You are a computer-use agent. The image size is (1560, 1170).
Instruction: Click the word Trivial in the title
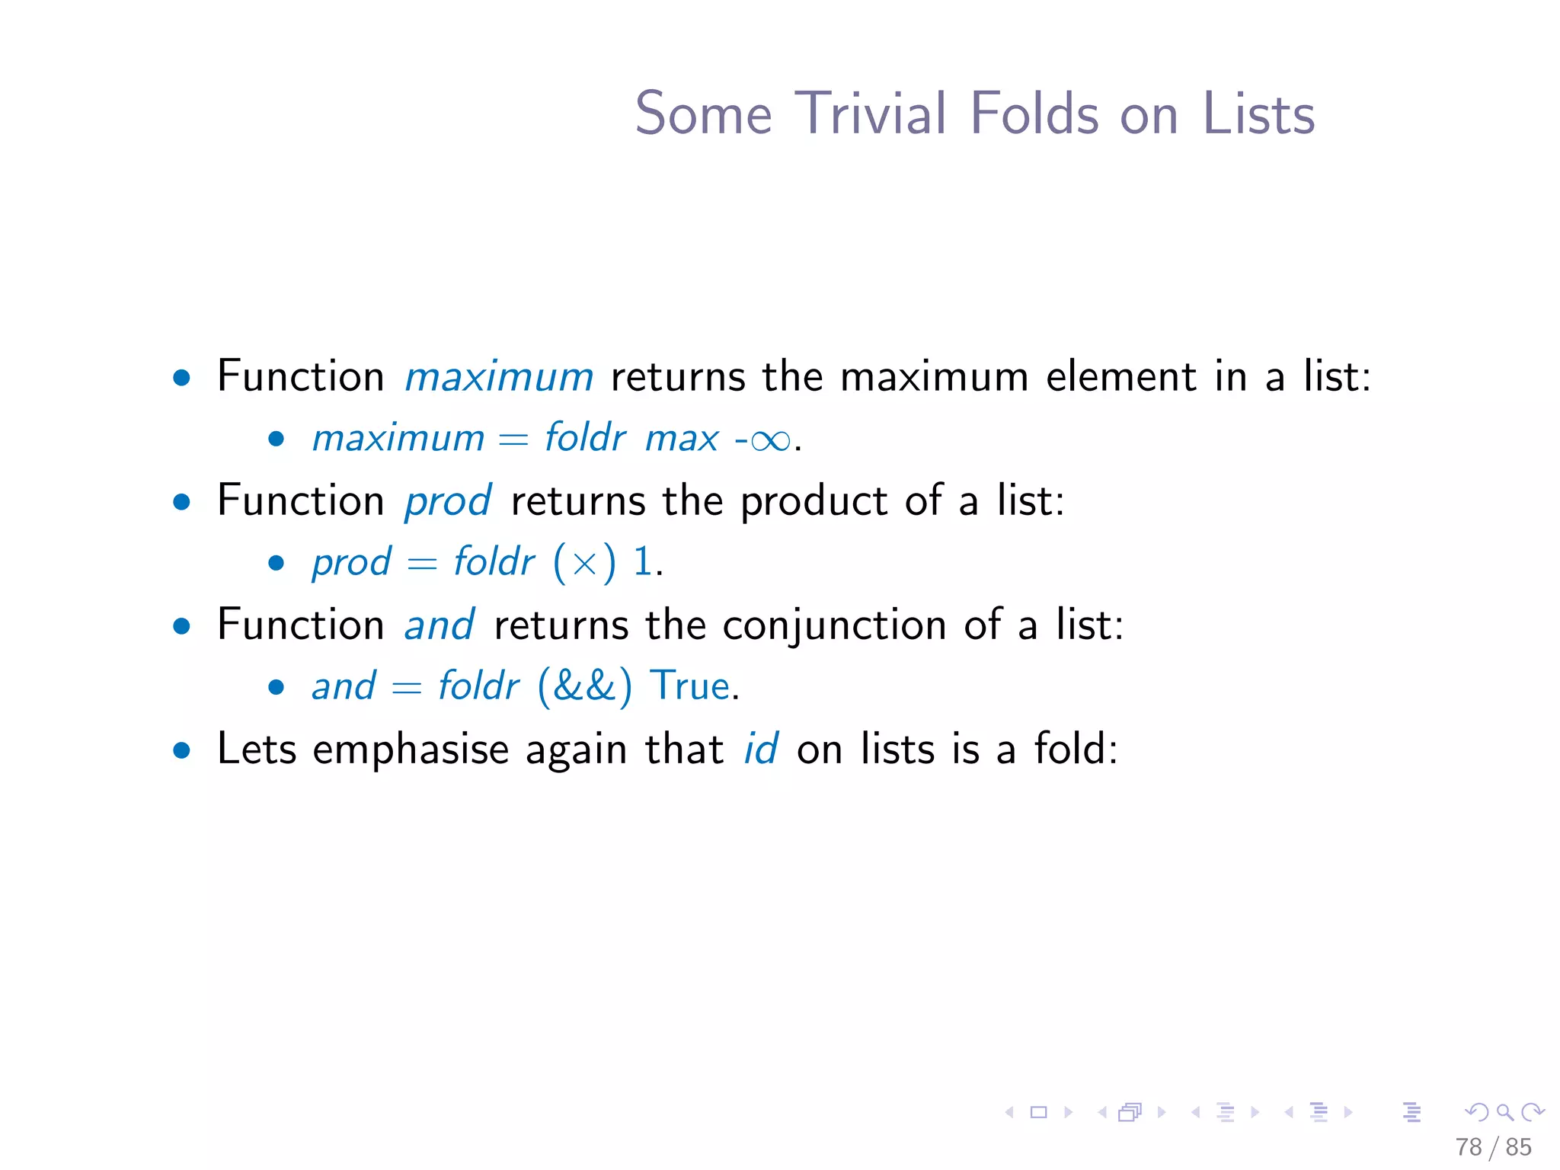[x=871, y=113]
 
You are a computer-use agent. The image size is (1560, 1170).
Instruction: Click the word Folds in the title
[x=1034, y=113]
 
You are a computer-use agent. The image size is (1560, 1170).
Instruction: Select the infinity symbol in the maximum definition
[x=770, y=440]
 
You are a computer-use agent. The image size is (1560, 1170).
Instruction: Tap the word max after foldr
[x=681, y=439]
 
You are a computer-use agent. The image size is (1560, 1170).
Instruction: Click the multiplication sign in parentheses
[x=584, y=564]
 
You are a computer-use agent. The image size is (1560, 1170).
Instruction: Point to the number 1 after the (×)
[x=643, y=561]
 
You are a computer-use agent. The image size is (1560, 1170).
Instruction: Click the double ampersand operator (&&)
[x=584, y=686]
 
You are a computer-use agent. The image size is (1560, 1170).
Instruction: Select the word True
[x=689, y=686]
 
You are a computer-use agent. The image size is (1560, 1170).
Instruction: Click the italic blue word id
[x=760, y=749]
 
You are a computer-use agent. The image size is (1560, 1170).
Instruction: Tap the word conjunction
[x=834, y=626]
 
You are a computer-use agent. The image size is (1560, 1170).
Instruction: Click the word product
[x=814, y=502]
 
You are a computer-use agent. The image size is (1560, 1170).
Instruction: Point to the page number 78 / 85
[x=1493, y=1146]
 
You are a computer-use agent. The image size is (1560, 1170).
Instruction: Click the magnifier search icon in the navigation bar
[x=1504, y=1112]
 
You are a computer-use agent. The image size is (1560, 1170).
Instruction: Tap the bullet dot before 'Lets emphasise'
[x=181, y=750]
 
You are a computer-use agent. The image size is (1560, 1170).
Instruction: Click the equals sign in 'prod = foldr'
[x=422, y=564]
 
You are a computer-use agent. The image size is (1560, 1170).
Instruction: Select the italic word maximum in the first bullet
[x=498, y=377]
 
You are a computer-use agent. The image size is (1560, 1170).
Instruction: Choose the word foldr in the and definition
[x=478, y=686]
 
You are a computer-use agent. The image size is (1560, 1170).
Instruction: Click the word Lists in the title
[x=1258, y=113]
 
